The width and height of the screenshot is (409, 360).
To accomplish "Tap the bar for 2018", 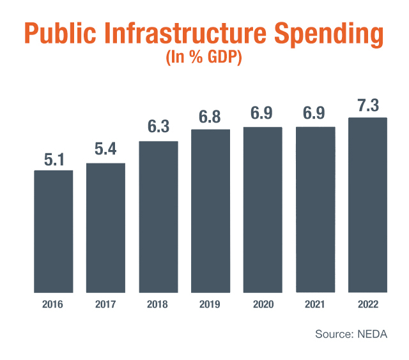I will [x=158, y=216].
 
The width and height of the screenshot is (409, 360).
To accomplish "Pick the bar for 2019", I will [x=210, y=211].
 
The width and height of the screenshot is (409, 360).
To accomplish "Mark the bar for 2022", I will [x=367, y=205].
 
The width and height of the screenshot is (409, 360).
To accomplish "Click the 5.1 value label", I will [x=53, y=159].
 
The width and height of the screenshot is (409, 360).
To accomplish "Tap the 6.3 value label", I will [x=158, y=128].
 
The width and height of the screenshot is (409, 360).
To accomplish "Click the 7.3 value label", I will [x=367, y=106].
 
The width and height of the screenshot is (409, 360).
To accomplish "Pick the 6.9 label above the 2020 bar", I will [x=263, y=115].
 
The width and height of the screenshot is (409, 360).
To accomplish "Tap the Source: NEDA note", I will [x=351, y=334].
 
